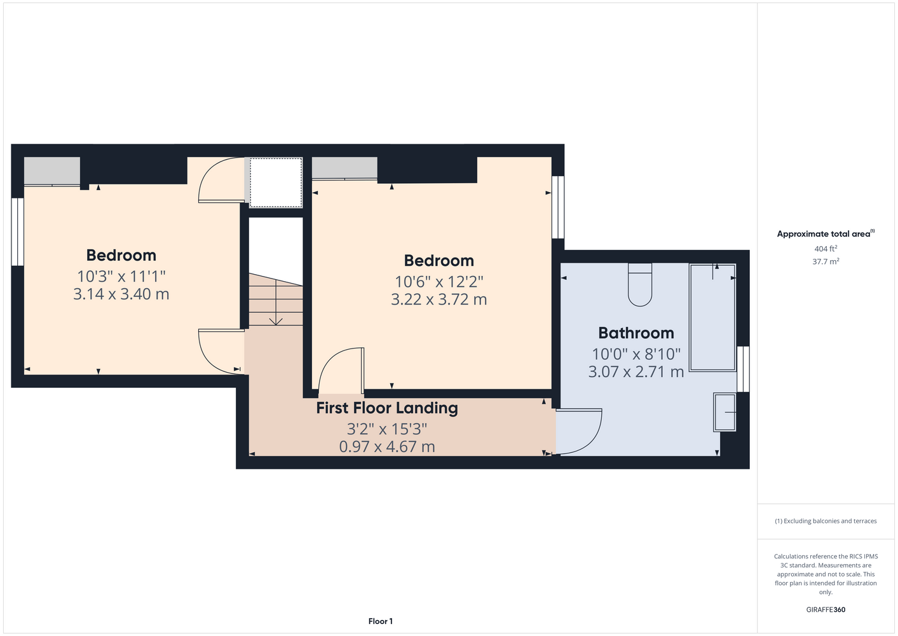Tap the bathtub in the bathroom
click(713, 317)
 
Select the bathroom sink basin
click(725, 413)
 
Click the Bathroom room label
click(636, 333)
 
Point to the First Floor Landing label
click(387, 408)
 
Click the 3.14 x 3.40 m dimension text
click(121, 294)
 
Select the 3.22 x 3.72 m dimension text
click(439, 300)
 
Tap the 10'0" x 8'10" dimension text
click(636, 354)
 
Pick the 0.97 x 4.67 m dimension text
click(387, 446)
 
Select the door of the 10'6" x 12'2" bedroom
click(341, 370)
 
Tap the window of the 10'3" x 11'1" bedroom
click(17, 232)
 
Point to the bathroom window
click(744, 369)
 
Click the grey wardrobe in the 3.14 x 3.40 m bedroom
click(51, 171)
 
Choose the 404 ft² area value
click(825, 249)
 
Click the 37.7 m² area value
click(826, 261)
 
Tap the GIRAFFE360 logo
click(826, 609)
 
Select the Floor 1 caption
click(381, 621)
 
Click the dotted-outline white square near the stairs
click(276, 183)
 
